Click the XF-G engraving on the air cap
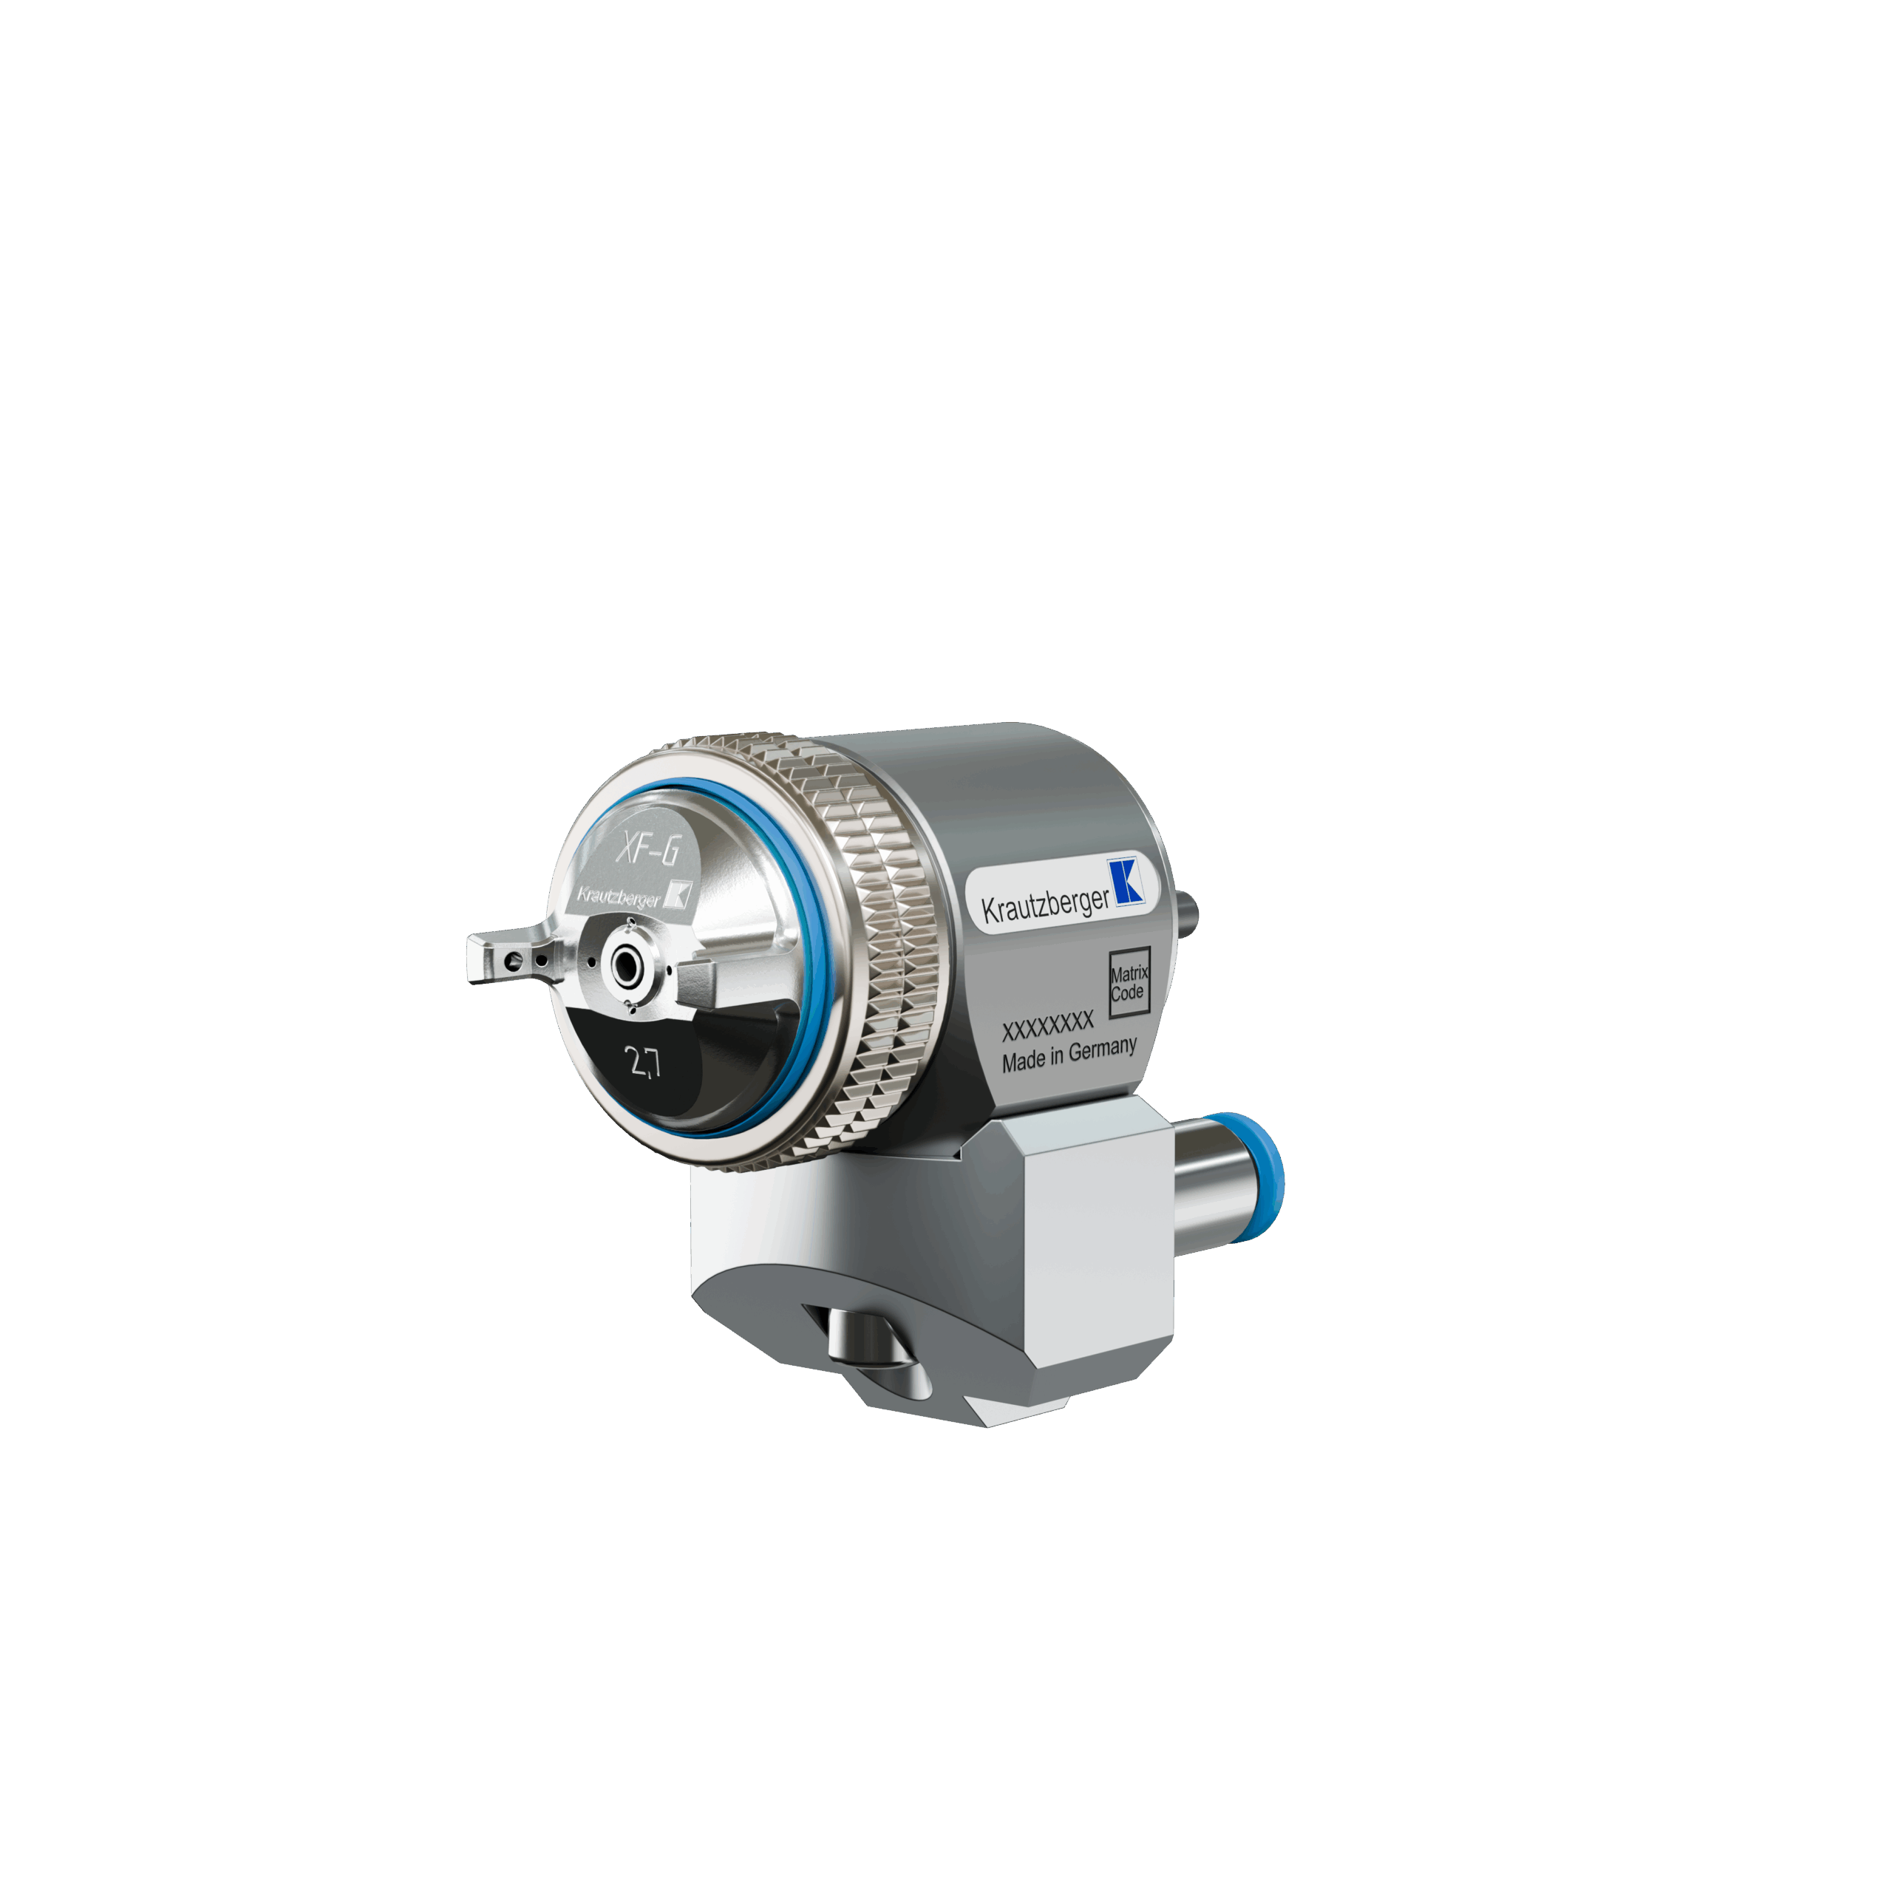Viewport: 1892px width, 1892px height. point(647,846)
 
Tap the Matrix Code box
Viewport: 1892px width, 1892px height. point(1129,982)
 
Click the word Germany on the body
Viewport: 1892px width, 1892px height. point(1103,1049)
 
